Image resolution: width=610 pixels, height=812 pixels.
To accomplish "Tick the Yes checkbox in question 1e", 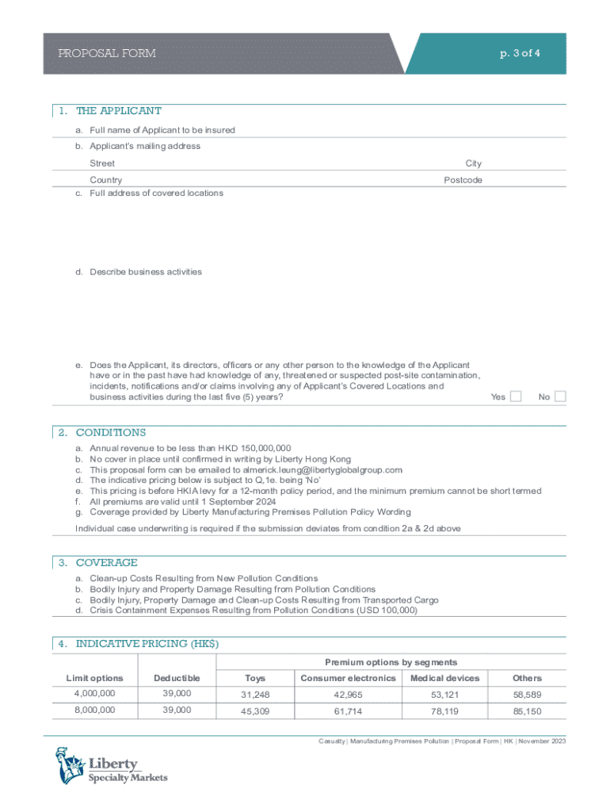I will (x=516, y=396).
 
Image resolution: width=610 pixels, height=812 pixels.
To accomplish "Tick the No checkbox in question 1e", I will (x=560, y=396).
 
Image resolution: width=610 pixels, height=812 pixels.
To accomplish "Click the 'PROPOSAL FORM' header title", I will (x=107, y=54).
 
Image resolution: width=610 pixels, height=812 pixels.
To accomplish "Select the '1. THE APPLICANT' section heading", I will (x=118, y=111).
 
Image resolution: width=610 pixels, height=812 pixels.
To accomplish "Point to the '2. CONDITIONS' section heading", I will (x=111, y=433).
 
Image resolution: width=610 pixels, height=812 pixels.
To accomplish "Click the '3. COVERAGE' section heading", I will (x=106, y=563).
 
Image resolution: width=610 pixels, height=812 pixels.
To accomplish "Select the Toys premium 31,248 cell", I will (x=255, y=695).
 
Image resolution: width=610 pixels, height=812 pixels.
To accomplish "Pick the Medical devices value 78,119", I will (x=444, y=711).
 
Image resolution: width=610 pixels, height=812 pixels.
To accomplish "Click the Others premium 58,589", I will (x=527, y=695).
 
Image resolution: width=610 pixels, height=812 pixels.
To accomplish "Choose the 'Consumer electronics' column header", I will (x=348, y=678).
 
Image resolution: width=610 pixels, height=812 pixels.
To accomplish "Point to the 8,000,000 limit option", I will (x=94, y=710).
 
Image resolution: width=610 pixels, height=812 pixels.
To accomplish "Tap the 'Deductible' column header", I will (x=177, y=678).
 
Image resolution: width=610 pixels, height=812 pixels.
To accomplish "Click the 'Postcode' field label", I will (x=463, y=180).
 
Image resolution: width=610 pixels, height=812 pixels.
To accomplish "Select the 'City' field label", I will (x=474, y=163).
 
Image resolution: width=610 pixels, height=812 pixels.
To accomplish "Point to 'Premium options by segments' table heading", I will (x=391, y=662).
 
